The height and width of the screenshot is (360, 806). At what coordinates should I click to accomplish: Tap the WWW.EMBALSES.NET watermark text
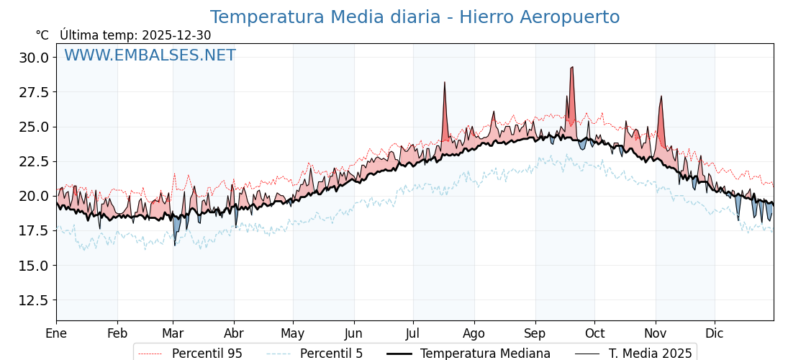[150, 55]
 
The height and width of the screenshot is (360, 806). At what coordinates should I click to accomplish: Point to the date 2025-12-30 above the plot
[176, 35]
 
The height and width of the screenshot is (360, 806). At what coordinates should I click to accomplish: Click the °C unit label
[42, 35]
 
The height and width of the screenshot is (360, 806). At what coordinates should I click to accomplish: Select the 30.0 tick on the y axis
[35, 58]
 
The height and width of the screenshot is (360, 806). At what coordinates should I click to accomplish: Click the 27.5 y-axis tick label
[35, 92]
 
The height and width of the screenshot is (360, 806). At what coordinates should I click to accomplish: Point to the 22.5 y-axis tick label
[35, 161]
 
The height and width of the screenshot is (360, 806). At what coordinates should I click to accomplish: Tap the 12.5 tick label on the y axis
[35, 300]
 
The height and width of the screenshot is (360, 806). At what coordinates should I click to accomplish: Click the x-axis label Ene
[56, 333]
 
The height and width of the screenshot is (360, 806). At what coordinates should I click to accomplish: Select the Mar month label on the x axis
[173, 333]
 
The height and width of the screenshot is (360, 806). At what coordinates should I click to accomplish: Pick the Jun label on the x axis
[353, 333]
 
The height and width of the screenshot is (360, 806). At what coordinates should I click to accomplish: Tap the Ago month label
[474, 333]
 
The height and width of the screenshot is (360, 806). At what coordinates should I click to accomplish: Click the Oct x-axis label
[594, 333]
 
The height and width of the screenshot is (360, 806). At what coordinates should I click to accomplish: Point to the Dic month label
[715, 333]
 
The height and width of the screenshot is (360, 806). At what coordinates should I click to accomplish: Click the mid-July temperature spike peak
[445, 83]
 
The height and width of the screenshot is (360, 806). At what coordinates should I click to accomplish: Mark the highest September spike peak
[572, 67]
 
